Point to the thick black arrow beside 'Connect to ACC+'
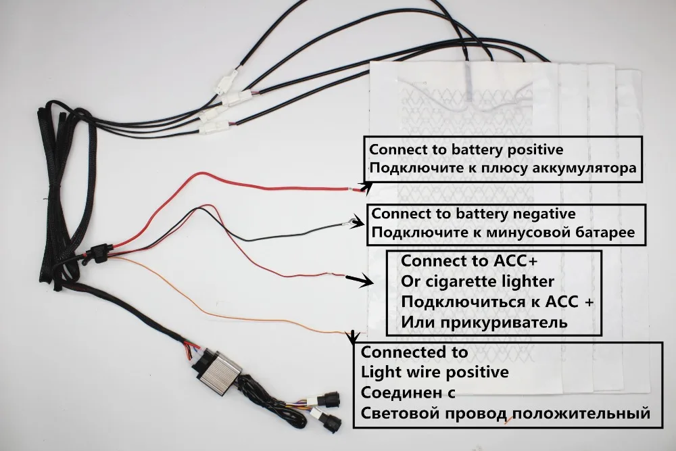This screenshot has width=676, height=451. (357, 279)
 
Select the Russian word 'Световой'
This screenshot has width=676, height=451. (393, 412)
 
